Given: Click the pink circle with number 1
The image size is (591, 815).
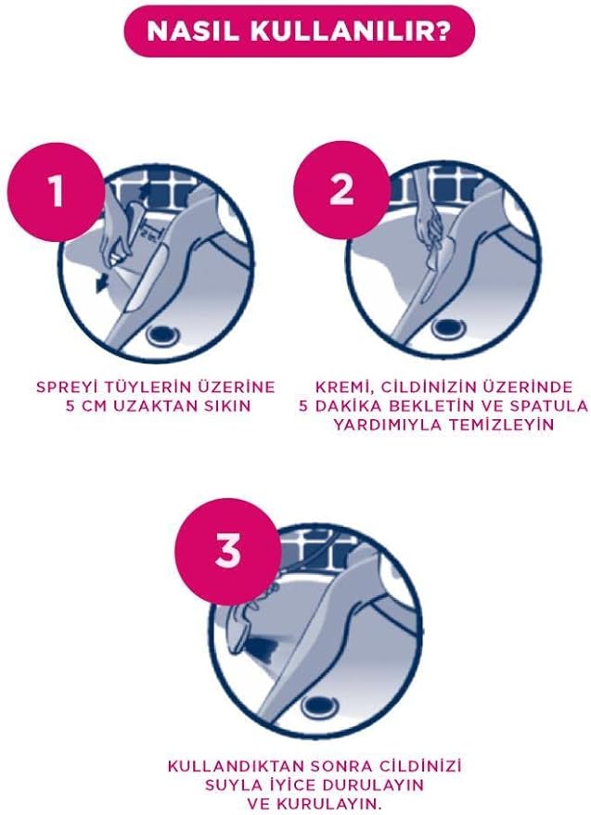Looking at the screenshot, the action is coord(56,191).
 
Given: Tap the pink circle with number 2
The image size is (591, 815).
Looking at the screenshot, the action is coord(341,189).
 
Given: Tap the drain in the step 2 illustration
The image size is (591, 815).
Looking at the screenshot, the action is coord(448,327).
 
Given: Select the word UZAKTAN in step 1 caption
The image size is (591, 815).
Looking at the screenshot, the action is coord(151,405).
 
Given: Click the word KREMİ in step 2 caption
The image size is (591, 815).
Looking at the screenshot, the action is coord(343,388).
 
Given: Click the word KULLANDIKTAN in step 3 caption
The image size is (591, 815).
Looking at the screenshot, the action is coord(234,766).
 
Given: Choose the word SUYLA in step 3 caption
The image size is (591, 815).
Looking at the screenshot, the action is coord(230,784).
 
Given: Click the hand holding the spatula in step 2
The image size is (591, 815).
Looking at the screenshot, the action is coord(430,223).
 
